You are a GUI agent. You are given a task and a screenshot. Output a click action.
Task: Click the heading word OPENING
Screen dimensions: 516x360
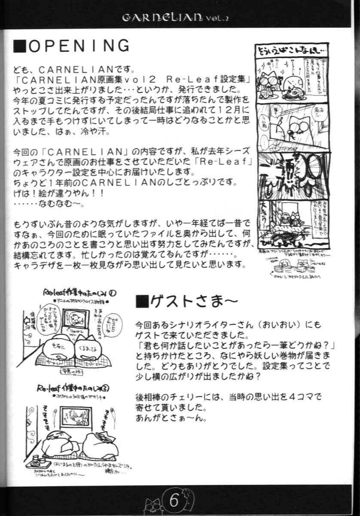79,46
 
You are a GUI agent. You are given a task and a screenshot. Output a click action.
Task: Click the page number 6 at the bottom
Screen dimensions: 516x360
174,500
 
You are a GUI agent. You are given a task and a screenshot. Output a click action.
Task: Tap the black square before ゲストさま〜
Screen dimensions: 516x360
141,302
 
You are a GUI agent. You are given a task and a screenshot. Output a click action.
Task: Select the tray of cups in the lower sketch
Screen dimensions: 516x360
38,461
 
